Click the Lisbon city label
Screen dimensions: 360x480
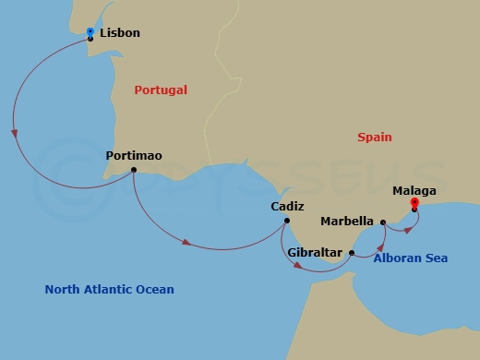click(119, 33)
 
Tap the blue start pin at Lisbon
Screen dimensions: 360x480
click(90, 32)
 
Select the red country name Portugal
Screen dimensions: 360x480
click(161, 90)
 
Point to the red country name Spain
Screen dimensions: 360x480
click(375, 138)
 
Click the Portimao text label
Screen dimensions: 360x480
click(134, 156)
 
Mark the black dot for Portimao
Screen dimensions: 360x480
click(134, 170)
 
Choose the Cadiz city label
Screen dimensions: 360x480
click(287, 208)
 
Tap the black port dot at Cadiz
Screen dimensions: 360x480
click(287, 221)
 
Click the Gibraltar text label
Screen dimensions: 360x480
click(314, 252)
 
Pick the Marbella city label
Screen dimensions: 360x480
click(346, 222)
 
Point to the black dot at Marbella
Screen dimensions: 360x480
click(382, 222)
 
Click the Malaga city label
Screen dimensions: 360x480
click(414, 191)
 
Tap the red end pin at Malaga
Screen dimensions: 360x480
click(414, 204)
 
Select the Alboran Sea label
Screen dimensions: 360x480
click(411, 258)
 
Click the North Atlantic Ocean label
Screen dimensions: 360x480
click(109, 290)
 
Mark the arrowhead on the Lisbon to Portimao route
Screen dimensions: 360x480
click(14, 133)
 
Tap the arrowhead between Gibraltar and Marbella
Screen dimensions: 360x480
click(380, 246)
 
